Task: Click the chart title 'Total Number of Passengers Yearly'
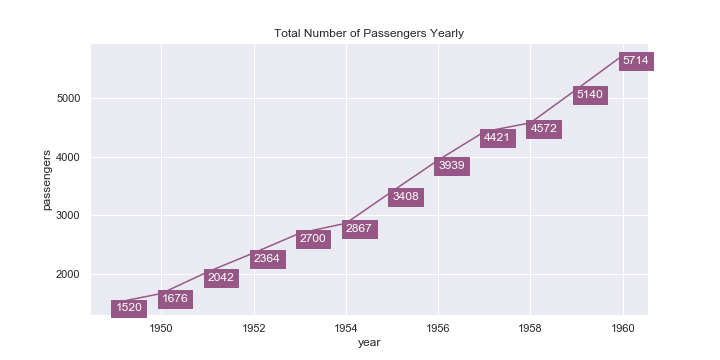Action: coord(369,33)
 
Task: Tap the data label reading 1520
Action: coord(129,308)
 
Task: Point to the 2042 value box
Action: coord(221,277)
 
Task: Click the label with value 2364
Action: coord(267,259)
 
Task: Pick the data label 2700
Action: coord(313,239)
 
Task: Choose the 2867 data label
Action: coord(359,229)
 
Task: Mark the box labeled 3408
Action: coord(405,197)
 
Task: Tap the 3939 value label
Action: coord(452,166)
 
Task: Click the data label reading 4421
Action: coord(497,138)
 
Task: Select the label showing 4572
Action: coord(544,129)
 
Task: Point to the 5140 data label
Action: coord(590,95)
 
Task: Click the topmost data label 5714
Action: coord(636,61)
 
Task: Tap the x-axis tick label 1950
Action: coord(162,327)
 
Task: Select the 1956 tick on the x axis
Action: coord(438,327)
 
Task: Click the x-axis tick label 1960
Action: coord(623,327)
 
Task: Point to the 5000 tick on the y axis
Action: coord(68,99)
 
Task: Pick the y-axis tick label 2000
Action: coord(68,275)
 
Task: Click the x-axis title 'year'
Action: coord(369,343)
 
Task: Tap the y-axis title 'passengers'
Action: coord(47,180)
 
